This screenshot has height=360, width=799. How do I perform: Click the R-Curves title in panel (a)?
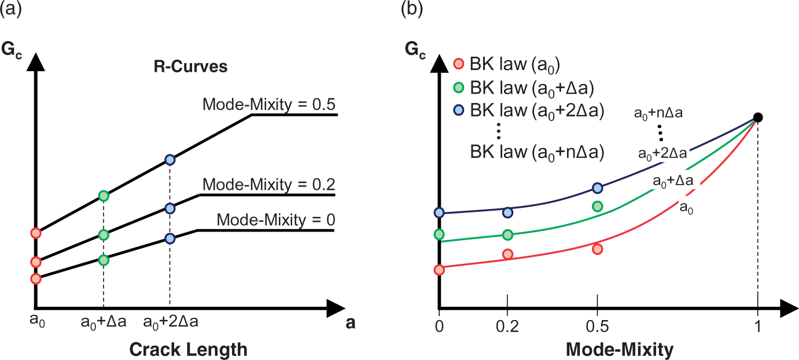(x=190, y=67)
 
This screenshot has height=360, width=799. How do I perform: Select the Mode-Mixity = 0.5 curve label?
(x=269, y=104)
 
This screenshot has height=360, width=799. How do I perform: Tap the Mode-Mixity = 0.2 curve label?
(x=269, y=185)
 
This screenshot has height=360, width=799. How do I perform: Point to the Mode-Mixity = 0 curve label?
(x=276, y=219)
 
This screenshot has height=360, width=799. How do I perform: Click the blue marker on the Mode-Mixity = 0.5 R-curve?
(x=170, y=160)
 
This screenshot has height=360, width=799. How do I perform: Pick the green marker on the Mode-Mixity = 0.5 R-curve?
(x=104, y=196)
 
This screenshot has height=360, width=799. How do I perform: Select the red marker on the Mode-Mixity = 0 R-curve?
(x=36, y=278)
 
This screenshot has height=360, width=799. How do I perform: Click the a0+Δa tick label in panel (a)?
(x=104, y=322)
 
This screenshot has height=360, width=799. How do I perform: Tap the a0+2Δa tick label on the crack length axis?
(x=171, y=322)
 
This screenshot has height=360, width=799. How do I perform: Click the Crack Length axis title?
(x=189, y=350)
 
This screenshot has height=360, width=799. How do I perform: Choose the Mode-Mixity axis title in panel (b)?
(x=620, y=350)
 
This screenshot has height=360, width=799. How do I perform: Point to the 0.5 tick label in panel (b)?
(x=598, y=326)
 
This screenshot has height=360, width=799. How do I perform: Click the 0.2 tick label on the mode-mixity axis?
(x=507, y=326)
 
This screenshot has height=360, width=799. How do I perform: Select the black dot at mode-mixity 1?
(x=758, y=117)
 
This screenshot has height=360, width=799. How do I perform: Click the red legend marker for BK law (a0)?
(x=458, y=64)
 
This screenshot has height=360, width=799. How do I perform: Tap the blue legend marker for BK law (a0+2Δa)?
(x=458, y=110)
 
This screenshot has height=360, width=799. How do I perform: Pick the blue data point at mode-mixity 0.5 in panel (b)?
(x=598, y=188)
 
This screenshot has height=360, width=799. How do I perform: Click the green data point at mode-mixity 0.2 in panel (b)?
(x=507, y=234)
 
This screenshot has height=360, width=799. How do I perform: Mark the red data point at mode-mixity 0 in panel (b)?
(x=439, y=270)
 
